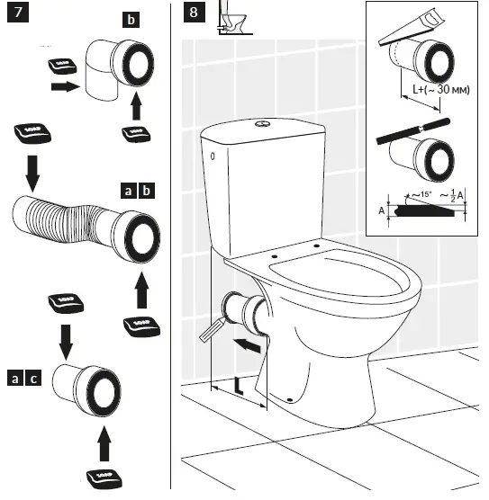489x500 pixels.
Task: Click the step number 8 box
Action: click(x=193, y=14)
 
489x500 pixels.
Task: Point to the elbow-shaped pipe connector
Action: click(x=108, y=73)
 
